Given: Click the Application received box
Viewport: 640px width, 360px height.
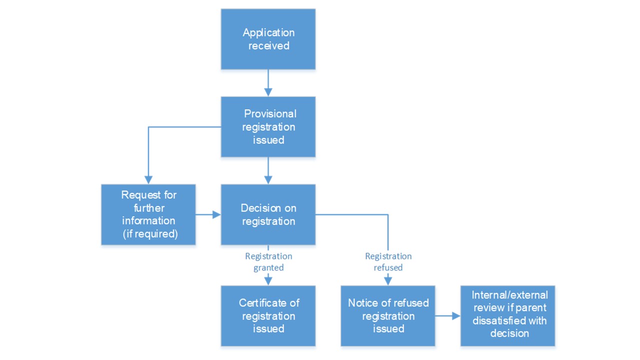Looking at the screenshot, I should click(268, 39).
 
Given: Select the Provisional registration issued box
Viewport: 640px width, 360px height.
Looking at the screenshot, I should click(268, 127).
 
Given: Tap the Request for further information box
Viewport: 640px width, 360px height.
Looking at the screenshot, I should click(148, 214).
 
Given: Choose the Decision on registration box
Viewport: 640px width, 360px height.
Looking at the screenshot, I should click(268, 214).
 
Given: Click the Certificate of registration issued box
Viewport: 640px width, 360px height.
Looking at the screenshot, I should click(268, 316).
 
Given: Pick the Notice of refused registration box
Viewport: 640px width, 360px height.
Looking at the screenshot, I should click(388, 316).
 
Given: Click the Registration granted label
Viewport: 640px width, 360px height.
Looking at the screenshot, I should click(268, 261).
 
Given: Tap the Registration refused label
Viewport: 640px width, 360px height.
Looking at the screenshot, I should click(388, 261).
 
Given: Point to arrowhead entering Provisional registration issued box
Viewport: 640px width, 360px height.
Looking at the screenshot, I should click(268, 92).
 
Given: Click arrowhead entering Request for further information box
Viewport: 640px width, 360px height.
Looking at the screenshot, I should click(148, 180).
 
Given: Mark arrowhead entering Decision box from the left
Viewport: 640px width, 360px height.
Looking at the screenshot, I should click(216, 214).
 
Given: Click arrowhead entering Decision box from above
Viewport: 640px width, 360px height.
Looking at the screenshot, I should click(268, 180).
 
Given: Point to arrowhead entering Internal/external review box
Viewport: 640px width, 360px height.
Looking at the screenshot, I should click(456, 316).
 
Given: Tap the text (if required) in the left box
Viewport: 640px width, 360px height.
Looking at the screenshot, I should click(150, 234).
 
